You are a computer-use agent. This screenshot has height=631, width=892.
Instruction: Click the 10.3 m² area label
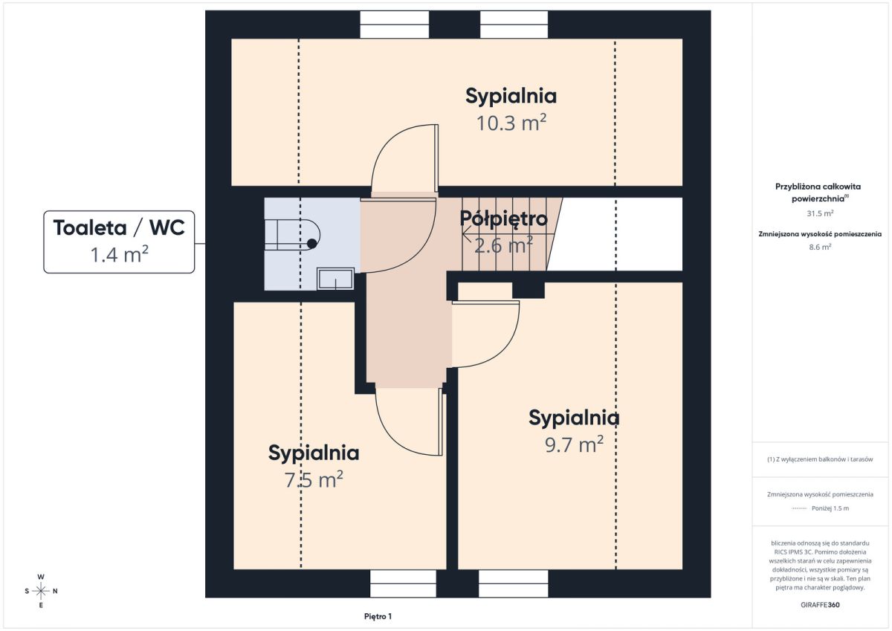[x=511, y=123]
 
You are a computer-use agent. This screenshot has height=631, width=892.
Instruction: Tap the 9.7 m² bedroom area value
[x=574, y=444]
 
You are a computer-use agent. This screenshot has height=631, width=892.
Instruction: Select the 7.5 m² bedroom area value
[x=314, y=479]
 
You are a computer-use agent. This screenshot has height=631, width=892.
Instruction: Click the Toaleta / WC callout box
[x=119, y=242]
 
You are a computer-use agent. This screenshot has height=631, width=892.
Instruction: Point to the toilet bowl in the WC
[x=292, y=234]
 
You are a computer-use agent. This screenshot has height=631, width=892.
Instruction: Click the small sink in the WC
[x=335, y=279]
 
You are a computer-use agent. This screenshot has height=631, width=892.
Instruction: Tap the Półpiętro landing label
[x=504, y=219]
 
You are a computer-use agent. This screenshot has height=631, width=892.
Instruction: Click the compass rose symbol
[x=41, y=591]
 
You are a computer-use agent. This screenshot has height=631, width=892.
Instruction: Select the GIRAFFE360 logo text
[x=820, y=605]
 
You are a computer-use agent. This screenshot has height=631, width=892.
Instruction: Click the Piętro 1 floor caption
[x=378, y=616]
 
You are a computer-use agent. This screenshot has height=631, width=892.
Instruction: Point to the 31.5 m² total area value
[x=820, y=213]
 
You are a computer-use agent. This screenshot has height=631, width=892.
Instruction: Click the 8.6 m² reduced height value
[x=820, y=247]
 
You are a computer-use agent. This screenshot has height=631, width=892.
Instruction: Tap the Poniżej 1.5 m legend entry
[x=830, y=508]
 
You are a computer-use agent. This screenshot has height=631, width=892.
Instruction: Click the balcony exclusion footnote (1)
[x=820, y=459]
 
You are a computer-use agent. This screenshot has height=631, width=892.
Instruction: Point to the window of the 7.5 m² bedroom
[x=403, y=583]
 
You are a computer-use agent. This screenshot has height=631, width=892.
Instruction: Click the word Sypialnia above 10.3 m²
[x=511, y=97]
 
